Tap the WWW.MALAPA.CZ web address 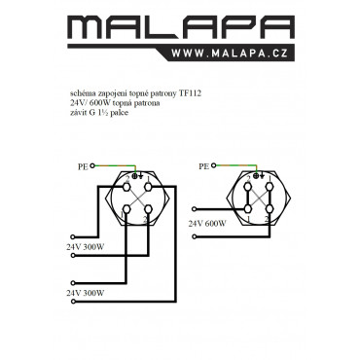click(x=230, y=53)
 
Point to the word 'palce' click(x=119, y=113)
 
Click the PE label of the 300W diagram click(x=83, y=167)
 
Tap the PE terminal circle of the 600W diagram click(x=213, y=165)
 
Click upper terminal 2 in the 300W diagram click(x=126, y=187)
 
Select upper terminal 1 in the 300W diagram click(x=148, y=187)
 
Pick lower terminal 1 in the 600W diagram click(x=248, y=208)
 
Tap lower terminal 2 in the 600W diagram click(x=270, y=208)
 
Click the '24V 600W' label click(x=207, y=224)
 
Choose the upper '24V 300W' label click(x=86, y=247)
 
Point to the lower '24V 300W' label click(x=86, y=293)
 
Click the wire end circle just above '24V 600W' click(x=195, y=209)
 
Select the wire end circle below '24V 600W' click(x=195, y=237)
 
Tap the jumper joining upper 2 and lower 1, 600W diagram click(x=248, y=198)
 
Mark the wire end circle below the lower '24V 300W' click(x=73, y=302)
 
